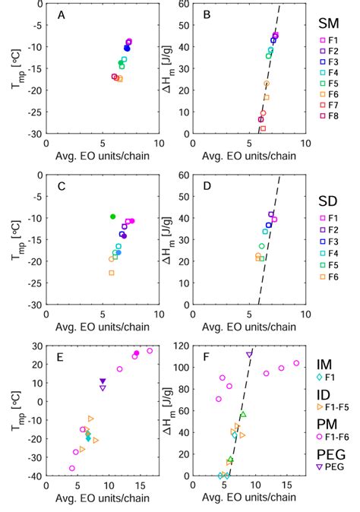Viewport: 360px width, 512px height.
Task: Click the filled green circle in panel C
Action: coord(113,217)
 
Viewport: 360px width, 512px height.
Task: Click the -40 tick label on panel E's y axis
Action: coord(33,476)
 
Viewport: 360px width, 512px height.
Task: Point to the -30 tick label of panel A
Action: coord(33,134)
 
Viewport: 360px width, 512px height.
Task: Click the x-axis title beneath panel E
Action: coord(103,501)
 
